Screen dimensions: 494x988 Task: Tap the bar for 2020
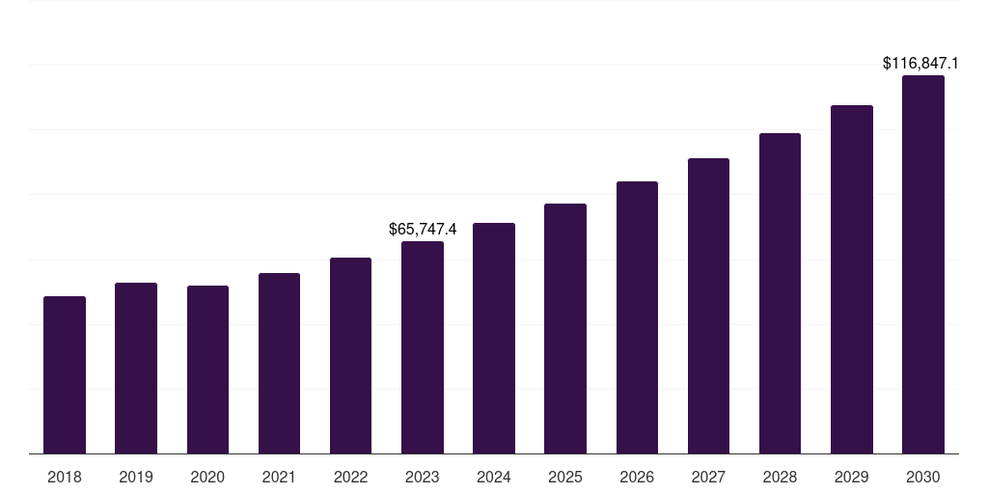pos(207,370)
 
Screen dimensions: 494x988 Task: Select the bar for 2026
pos(637,317)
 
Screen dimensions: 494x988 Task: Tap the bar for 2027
pos(708,306)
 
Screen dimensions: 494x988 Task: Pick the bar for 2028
pos(780,293)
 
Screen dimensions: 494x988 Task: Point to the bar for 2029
pos(852,279)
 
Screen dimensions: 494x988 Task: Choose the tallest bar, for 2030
pos(923,264)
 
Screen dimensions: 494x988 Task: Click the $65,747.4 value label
pos(423,229)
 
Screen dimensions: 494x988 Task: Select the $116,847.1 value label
pos(920,63)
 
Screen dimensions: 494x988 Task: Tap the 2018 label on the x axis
pos(65,477)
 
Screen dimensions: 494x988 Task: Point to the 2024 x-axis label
pos(494,477)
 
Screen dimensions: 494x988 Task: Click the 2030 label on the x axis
pos(923,477)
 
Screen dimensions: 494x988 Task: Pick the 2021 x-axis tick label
pos(279,477)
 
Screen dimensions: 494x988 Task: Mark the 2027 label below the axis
pos(708,477)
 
